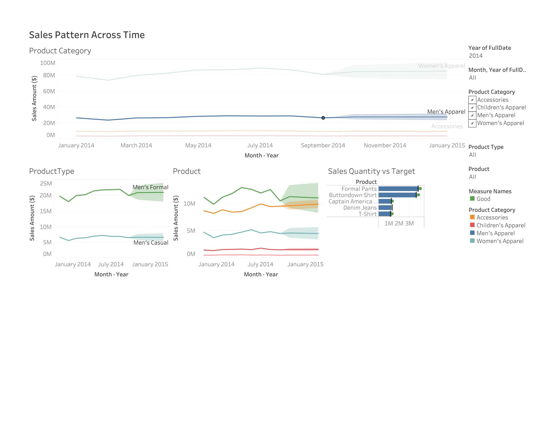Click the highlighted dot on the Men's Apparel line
[x=323, y=118]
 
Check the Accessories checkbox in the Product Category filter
[x=472, y=100]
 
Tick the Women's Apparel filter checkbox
[x=472, y=123]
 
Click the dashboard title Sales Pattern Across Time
[x=87, y=35]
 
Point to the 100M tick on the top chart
[x=47, y=63]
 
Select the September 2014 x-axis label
[x=323, y=145]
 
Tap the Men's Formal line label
[x=150, y=187]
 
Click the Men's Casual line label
[x=151, y=243]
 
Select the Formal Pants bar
[x=398, y=189]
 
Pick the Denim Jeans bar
[x=385, y=208]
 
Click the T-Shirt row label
[x=368, y=214]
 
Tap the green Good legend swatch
[x=472, y=199]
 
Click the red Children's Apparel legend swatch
[x=472, y=225]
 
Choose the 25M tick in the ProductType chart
[x=46, y=183]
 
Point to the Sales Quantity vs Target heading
[x=372, y=171]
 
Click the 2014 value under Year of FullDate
[x=476, y=56]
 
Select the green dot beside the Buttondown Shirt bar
[x=418, y=195]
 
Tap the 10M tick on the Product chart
[x=189, y=204]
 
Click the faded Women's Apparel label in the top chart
[x=442, y=66]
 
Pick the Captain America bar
[x=385, y=201]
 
